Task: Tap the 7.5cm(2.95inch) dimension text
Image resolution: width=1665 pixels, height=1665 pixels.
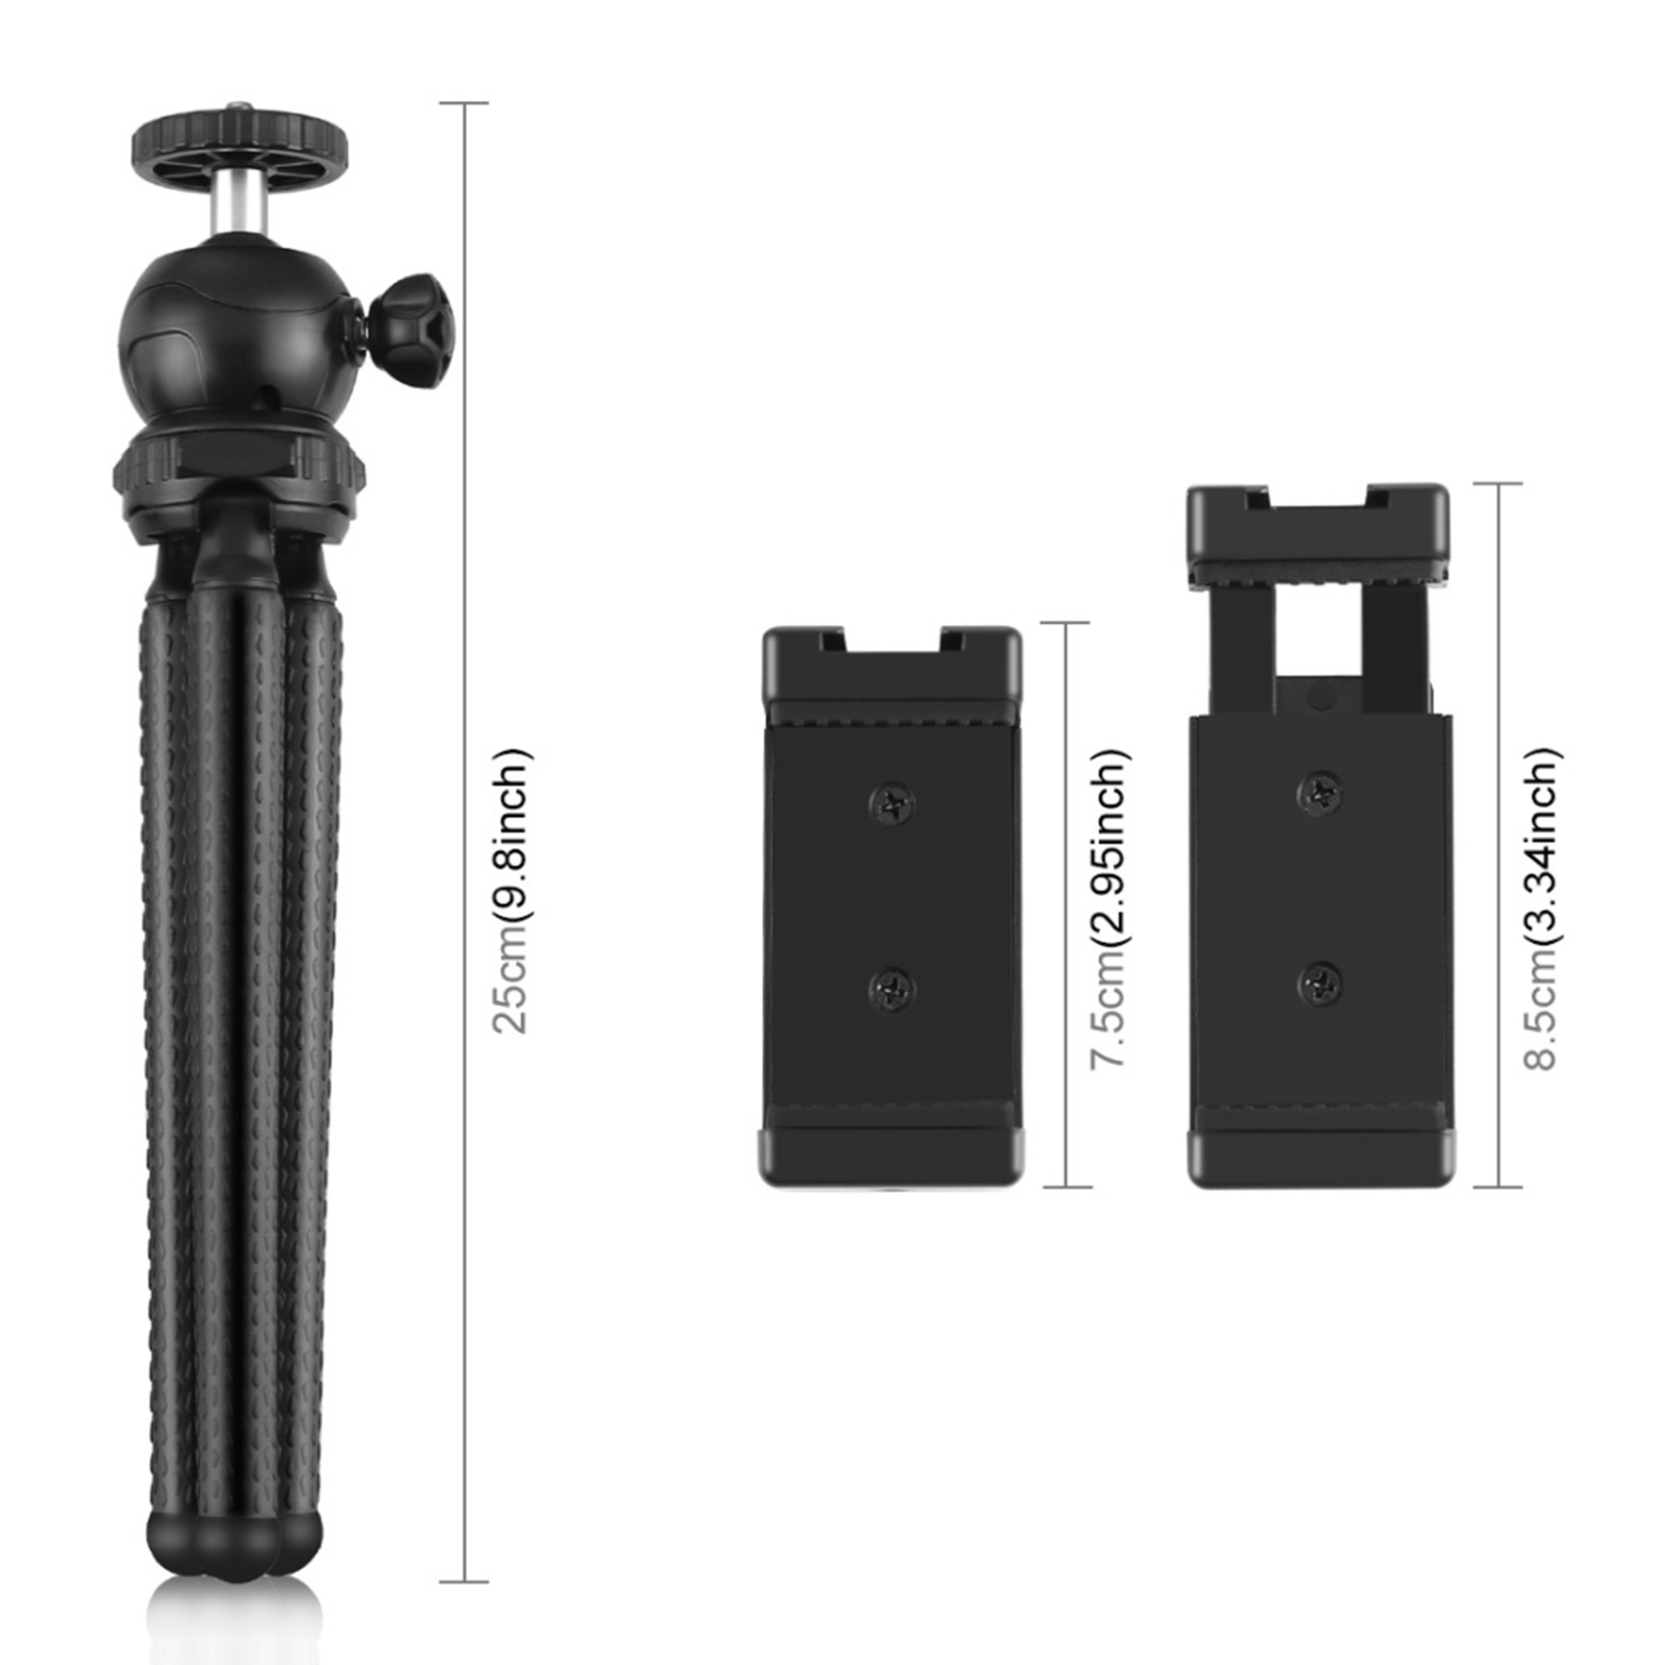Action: (x=1110, y=909)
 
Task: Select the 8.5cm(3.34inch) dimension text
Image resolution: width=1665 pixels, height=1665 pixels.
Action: (x=1542, y=909)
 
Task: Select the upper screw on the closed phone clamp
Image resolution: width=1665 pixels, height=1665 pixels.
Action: (x=892, y=804)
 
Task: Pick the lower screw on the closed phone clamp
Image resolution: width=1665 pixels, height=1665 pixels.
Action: (x=892, y=990)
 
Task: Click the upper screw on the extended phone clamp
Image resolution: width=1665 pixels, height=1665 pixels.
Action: (x=1321, y=792)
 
